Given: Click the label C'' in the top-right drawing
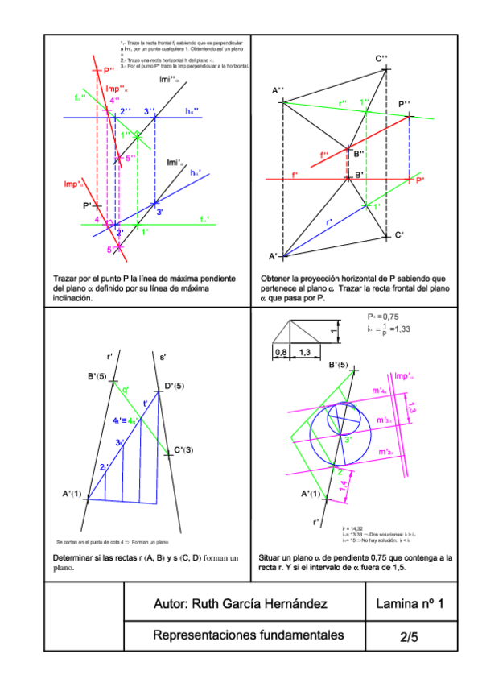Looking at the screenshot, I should tap(381, 58).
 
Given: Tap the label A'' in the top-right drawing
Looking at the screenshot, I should tap(278, 91).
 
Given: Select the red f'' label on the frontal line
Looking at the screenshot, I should tap(323, 155).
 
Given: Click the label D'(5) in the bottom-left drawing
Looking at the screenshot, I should tap(175, 386).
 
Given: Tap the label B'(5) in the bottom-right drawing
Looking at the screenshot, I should tap(339, 366).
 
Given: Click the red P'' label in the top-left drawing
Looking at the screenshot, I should tap(109, 72).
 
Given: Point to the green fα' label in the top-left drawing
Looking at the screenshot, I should tap(204, 218).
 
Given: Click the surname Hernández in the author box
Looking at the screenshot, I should tap(294, 604).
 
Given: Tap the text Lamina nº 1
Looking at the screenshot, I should tap(410, 604).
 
